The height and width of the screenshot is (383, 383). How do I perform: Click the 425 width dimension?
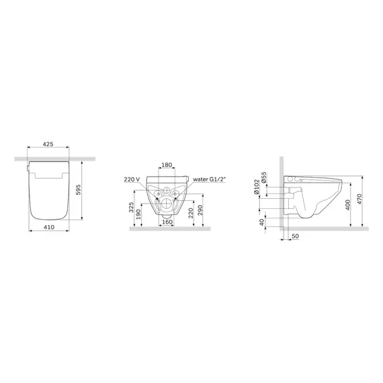48,144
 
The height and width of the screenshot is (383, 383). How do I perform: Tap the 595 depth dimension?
78,189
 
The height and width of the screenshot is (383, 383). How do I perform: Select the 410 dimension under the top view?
49,227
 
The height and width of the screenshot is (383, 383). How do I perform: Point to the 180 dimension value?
167,165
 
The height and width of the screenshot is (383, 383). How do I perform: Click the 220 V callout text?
132,179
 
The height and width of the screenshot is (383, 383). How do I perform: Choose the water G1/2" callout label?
210,179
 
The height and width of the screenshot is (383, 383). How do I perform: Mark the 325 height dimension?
131,207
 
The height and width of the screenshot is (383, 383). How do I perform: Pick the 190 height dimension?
138,214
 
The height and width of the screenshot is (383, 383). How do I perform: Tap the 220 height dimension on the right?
191,213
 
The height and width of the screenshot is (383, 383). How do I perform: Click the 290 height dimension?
200,210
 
